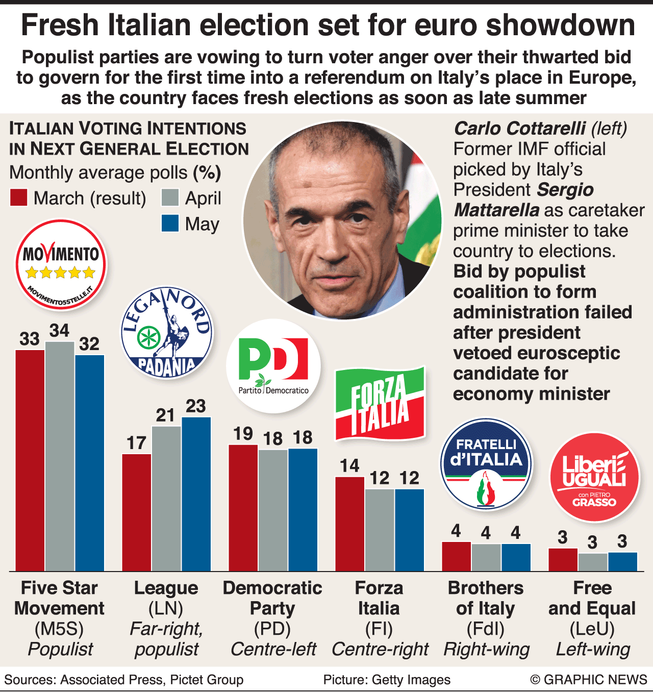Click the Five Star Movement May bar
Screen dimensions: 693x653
pos(90,462)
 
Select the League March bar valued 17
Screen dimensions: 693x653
pos(136,512)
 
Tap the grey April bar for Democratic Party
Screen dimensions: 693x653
pos(273,510)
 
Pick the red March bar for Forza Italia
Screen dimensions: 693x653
pos(349,524)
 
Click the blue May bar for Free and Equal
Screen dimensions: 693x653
pos(622,561)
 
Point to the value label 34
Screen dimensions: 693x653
pos(59,331)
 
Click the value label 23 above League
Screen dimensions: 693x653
pos(196,406)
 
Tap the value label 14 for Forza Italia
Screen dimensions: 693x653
pos(349,465)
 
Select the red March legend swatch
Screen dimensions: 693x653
pos(19,198)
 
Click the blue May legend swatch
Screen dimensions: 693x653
pos(170,224)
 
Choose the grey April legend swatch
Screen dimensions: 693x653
pos(170,198)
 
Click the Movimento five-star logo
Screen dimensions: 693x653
pos(61,264)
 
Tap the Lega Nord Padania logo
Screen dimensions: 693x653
pos(167,332)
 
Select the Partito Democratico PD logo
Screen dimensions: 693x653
pos(273,365)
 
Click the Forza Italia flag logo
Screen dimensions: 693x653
pos(380,403)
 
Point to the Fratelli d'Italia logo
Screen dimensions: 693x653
pos(486,465)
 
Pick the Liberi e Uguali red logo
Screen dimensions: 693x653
pos(594,478)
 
